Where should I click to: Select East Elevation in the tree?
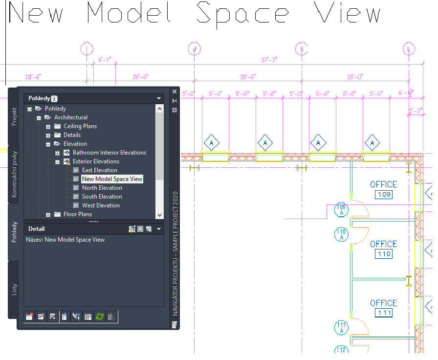coord(99,170)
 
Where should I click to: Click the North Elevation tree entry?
coord(102,188)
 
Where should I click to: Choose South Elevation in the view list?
coord(102,197)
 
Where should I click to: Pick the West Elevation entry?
coord(101,205)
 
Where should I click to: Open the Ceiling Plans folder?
coord(80,126)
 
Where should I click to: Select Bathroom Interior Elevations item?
coord(109,153)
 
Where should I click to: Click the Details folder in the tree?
coord(72,135)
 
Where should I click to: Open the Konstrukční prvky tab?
coord(14,174)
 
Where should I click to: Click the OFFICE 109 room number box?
coord(384,195)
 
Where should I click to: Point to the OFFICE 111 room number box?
coord(384,313)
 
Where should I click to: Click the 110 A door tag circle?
coord(341,234)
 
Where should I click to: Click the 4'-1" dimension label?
coord(105,60)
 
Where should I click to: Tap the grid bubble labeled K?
coord(302,49)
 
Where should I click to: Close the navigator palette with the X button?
coord(175,91)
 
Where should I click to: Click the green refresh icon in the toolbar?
coord(100,316)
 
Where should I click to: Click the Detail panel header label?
coord(37,228)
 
